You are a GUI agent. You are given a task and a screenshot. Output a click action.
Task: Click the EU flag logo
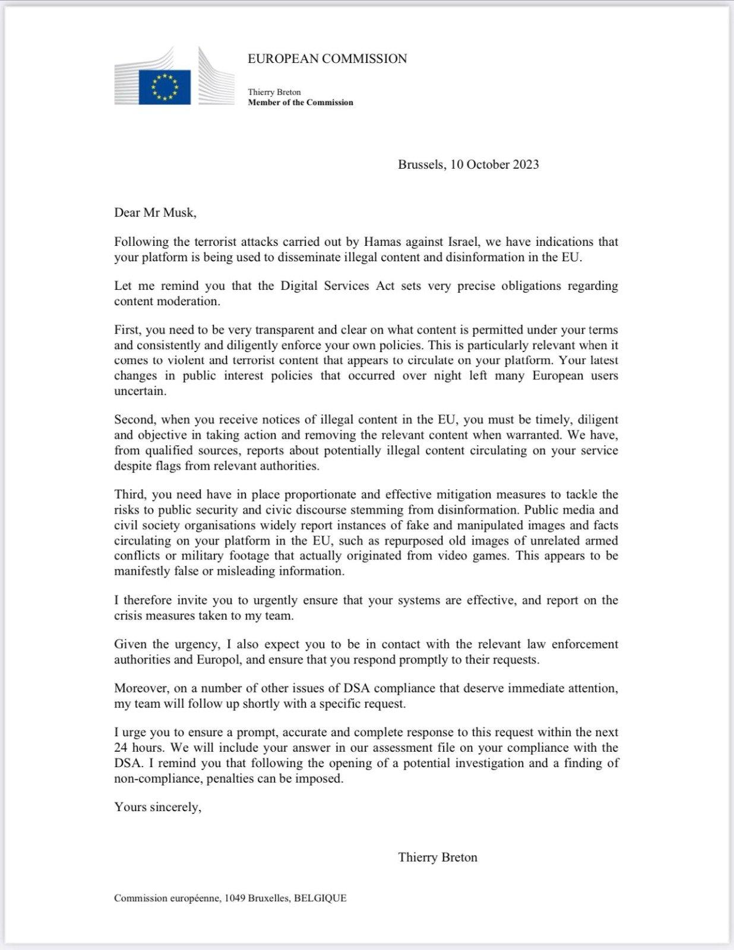[x=164, y=87]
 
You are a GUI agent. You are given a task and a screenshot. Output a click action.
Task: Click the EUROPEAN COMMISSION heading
[x=327, y=59]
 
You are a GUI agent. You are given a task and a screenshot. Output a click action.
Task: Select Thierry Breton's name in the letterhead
[x=274, y=92]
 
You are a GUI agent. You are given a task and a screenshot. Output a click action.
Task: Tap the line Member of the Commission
[x=300, y=102]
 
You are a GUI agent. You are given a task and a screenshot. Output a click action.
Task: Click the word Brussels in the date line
[x=421, y=164]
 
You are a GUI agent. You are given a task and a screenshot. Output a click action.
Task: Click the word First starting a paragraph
[x=126, y=330]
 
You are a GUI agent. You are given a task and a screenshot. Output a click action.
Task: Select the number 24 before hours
[x=121, y=748]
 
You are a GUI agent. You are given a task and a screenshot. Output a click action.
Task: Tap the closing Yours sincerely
[x=158, y=807]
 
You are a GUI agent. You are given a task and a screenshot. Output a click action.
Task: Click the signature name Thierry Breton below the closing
[x=438, y=857]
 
